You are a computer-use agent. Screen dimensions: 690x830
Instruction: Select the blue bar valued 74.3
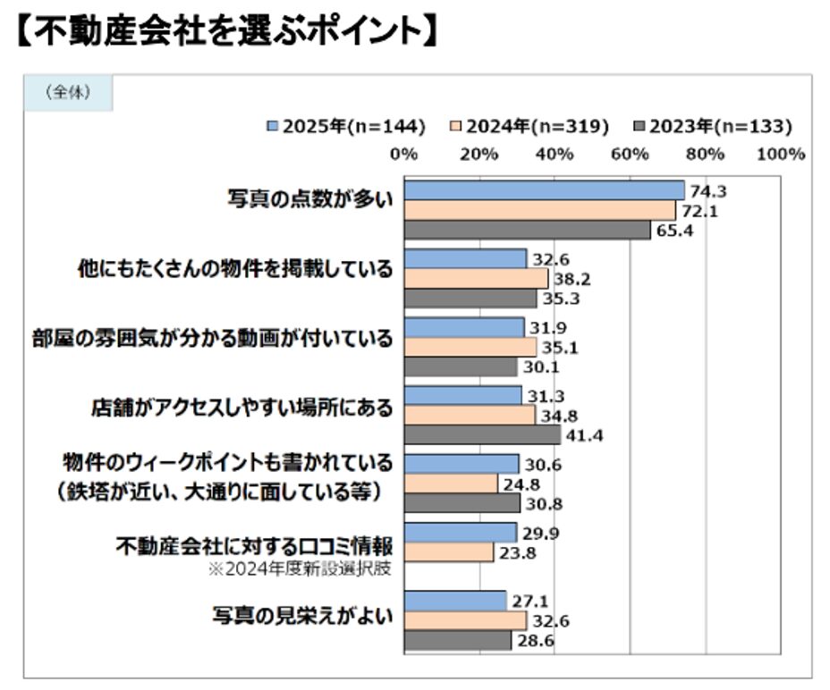pyautogui.click(x=544, y=189)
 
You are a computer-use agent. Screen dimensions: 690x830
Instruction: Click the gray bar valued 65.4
pyautogui.click(x=528, y=230)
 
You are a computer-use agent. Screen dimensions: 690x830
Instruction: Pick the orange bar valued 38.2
pyautogui.click(x=476, y=279)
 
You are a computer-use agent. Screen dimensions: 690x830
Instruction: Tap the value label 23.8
pyautogui.click(x=518, y=552)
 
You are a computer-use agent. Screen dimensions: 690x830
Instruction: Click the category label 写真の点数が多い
pyautogui.click(x=309, y=199)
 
